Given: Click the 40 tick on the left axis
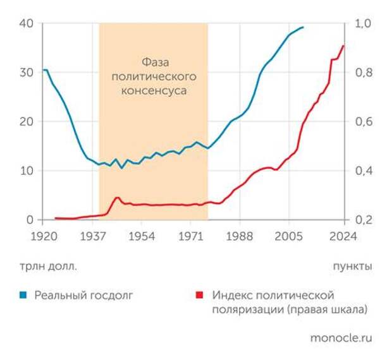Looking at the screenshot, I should (25, 24).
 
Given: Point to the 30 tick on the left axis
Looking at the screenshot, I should (25, 73).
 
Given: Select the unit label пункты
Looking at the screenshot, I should (352, 266).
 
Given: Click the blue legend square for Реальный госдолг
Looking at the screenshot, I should (23, 294).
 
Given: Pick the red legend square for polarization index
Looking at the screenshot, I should (200, 294).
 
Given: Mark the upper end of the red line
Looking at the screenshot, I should (343, 45).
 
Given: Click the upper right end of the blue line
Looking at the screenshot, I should (303, 27).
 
